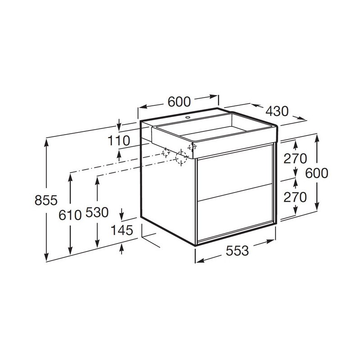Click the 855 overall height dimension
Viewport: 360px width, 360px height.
[x=46, y=200]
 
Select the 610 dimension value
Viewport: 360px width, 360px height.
[x=70, y=216]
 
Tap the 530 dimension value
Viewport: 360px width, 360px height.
[x=97, y=212]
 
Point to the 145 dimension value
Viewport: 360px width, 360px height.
[x=122, y=230]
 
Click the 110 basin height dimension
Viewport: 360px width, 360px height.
[x=119, y=141]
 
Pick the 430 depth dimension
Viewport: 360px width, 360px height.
[x=277, y=111]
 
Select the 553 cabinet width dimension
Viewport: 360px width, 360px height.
[x=237, y=251]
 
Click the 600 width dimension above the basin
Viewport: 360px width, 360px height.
[x=179, y=102]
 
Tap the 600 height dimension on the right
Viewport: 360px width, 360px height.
[x=317, y=173]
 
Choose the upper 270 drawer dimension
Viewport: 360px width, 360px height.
[x=295, y=158]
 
